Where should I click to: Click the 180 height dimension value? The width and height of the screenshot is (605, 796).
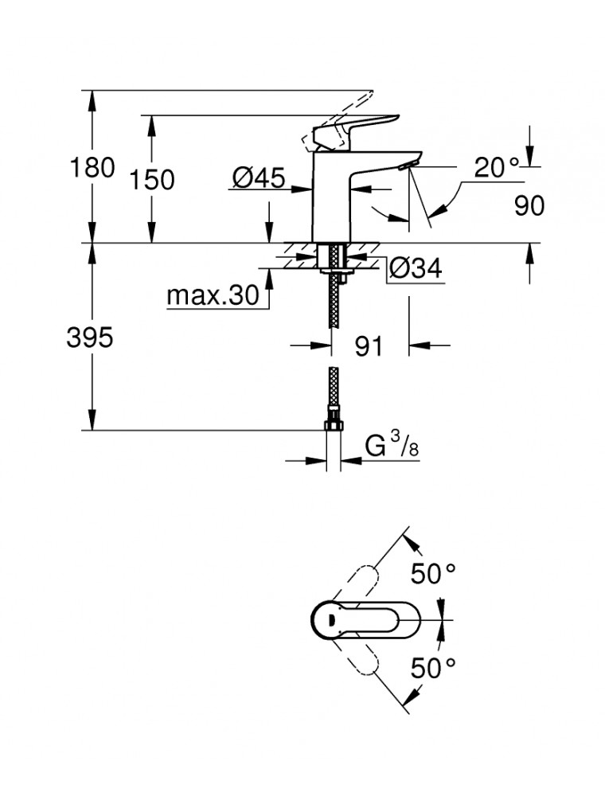click(93, 169)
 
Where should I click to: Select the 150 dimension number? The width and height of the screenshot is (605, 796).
click(153, 180)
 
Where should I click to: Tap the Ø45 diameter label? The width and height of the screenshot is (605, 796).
click(259, 179)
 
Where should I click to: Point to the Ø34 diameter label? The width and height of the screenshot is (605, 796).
click(415, 269)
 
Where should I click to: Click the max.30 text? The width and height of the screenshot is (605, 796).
click(213, 296)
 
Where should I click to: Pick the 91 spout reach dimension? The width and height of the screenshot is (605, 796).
click(369, 346)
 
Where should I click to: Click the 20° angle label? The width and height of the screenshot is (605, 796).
click(495, 167)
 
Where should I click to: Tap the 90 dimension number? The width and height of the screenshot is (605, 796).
click(529, 205)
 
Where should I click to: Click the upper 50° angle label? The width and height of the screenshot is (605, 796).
click(433, 573)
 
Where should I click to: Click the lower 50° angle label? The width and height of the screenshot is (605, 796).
click(433, 667)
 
